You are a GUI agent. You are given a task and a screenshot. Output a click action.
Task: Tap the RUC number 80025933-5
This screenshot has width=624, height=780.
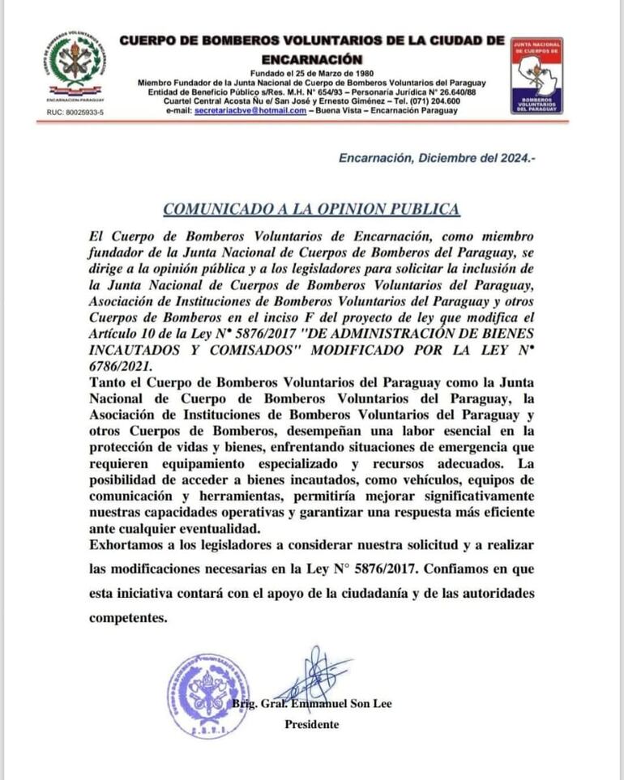pyautogui.click(x=75, y=111)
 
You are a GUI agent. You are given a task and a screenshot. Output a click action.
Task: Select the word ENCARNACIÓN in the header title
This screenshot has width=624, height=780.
pyautogui.click(x=311, y=58)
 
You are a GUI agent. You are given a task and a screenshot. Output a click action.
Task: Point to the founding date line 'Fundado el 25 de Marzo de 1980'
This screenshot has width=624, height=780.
pyautogui.click(x=311, y=74)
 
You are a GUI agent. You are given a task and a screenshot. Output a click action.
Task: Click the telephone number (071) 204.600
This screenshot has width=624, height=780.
pyautogui.click(x=425, y=100)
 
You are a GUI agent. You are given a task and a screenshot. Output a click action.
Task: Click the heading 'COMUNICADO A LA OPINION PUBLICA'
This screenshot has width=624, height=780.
pyautogui.click(x=311, y=209)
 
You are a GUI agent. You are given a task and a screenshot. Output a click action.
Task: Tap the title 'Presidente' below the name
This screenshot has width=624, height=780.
pyautogui.click(x=311, y=724)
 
